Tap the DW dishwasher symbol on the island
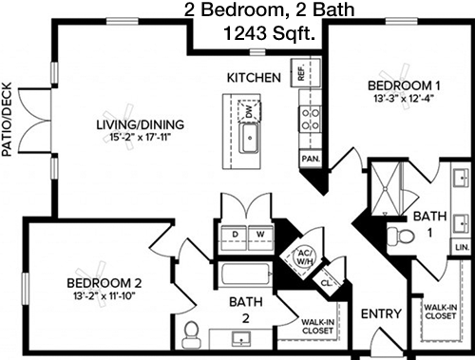(x=249, y=111)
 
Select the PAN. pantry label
(x=311, y=159)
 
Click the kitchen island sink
(x=250, y=138)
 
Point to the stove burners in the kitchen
(x=310, y=120)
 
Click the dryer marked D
(x=235, y=237)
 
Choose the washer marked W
(x=260, y=237)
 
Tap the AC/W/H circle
(x=305, y=256)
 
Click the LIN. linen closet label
(x=462, y=247)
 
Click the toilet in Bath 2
(x=191, y=335)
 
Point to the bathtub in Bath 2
(x=245, y=275)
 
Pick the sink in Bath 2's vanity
(x=241, y=339)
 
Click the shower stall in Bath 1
(x=386, y=189)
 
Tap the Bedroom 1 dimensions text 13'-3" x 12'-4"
(x=404, y=99)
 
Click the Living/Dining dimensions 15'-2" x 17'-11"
(x=140, y=138)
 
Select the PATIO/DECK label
(x=7, y=120)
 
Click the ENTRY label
(x=381, y=313)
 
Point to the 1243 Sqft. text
(x=270, y=33)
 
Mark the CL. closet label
(x=326, y=283)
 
